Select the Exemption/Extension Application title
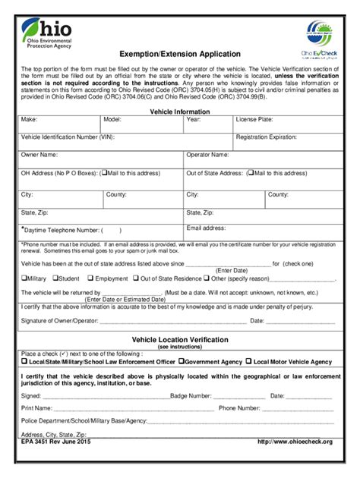179,54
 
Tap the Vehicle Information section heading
180,112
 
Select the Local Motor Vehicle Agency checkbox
248,362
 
